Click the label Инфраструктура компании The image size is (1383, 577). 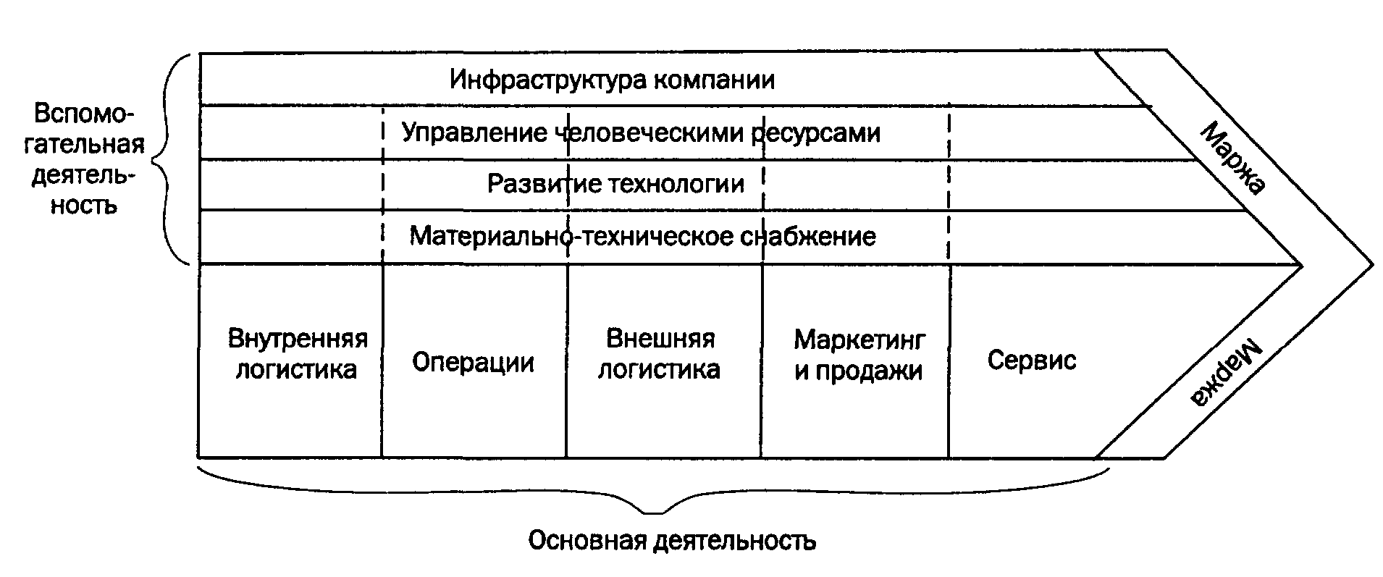pyautogui.click(x=612, y=80)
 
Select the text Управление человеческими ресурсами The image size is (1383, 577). pyautogui.click(x=641, y=133)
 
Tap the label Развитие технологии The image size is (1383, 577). pyautogui.click(x=615, y=184)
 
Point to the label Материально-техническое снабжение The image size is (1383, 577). pyautogui.click(x=642, y=237)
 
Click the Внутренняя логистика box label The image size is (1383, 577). pyautogui.click(x=298, y=354)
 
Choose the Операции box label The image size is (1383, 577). pyautogui.click(x=473, y=362)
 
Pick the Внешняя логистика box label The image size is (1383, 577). pyautogui.click(x=659, y=354)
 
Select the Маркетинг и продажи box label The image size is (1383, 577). pyautogui.click(x=859, y=355)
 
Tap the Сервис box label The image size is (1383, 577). pyautogui.click(x=1032, y=360)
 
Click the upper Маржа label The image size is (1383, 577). pyautogui.click(x=1232, y=159)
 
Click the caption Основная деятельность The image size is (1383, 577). pyautogui.click(x=672, y=541)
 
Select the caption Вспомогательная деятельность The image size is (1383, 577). pyautogui.click(x=87, y=159)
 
